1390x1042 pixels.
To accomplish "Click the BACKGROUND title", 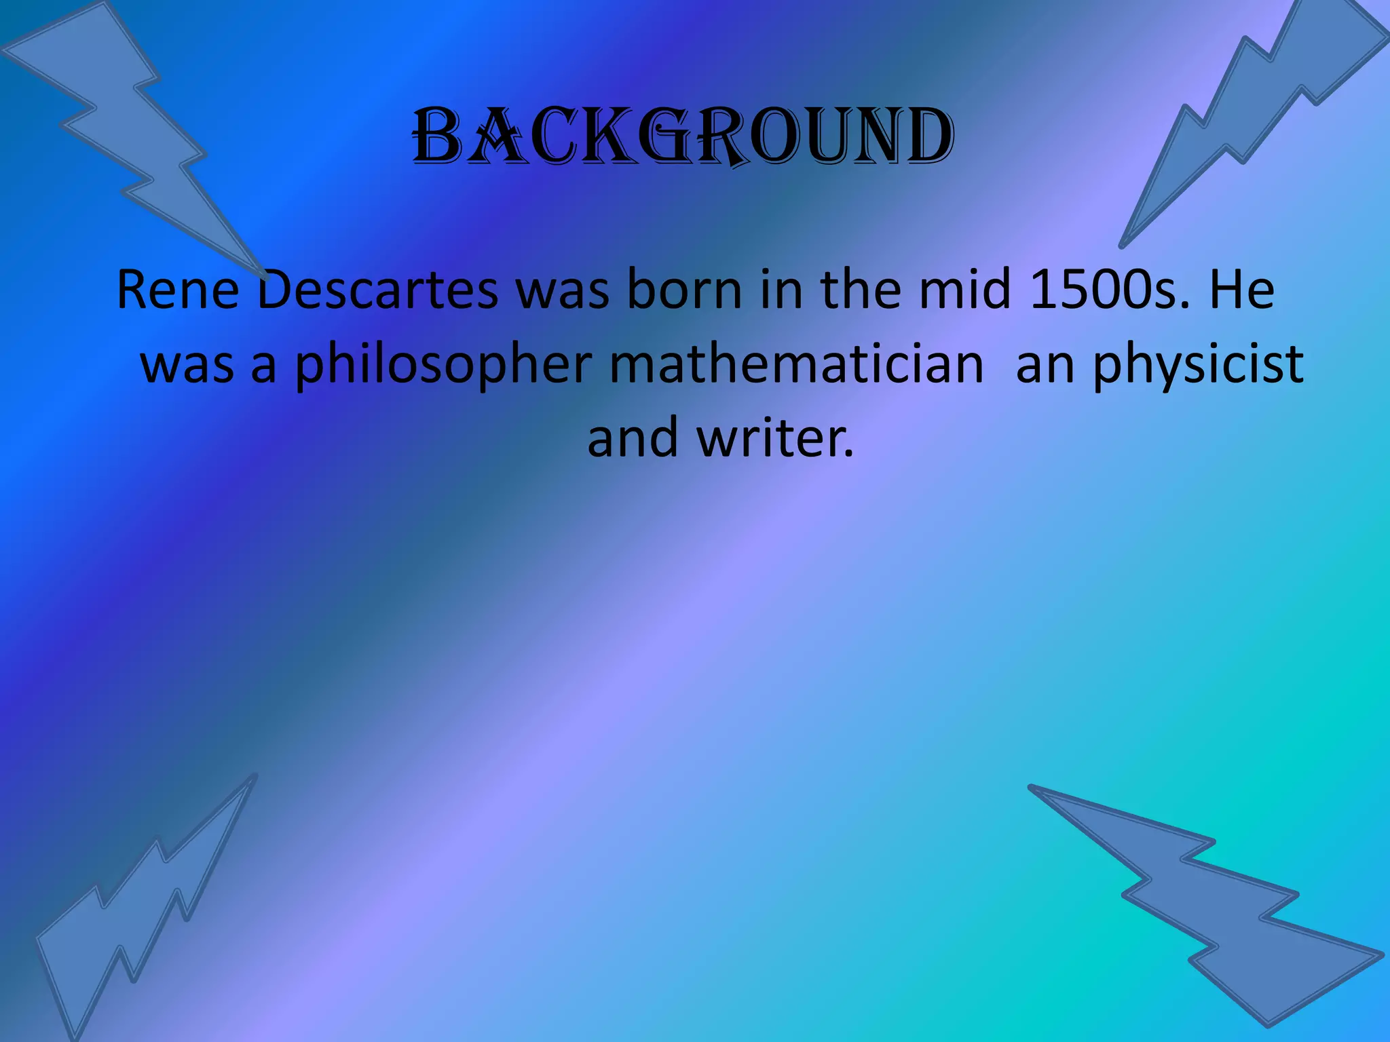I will pyautogui.click(x=683, y=137).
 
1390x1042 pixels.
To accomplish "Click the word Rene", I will pyautogui.click(x=178, y=290).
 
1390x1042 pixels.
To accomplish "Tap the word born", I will pyautogui.click(x=684, y=290).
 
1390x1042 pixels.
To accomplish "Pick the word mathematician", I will pyautogui.click(x=796, y=365).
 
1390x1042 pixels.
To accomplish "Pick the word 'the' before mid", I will pyautogui.click(x=861, y=290).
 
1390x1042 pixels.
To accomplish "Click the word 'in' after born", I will pyautogui.click(x=781, y=290).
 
